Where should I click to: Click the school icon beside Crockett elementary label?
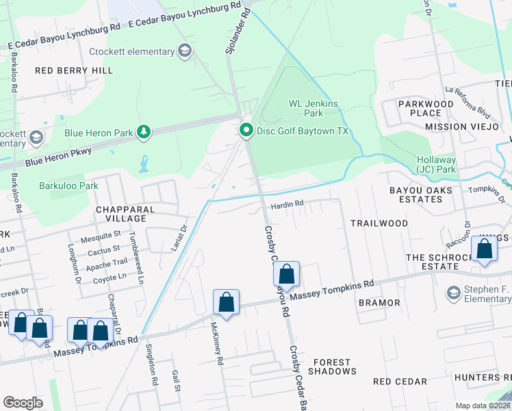tap(184, 51)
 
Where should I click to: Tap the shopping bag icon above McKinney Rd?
tap(227, 303)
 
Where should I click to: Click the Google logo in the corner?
tap(23, 402)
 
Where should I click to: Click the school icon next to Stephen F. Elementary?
tap(453, 293)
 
